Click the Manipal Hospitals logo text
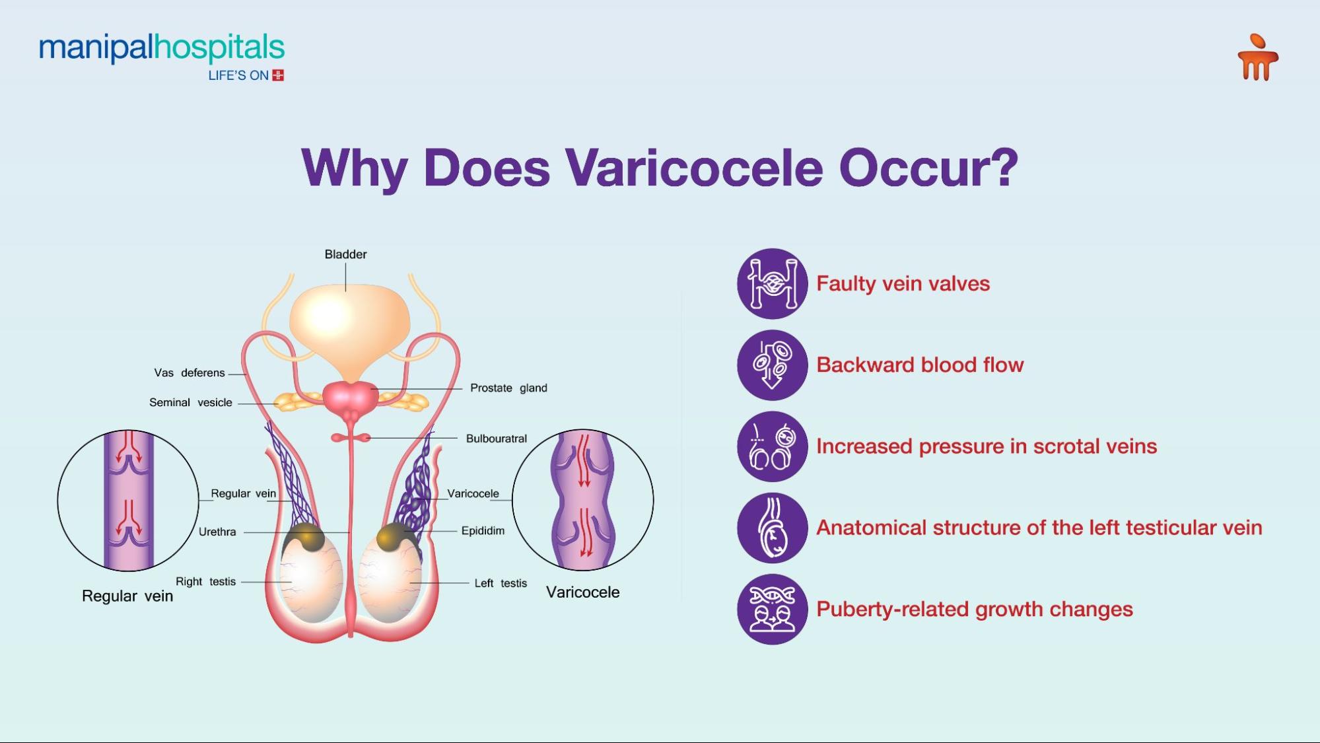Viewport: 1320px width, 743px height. (162, 48)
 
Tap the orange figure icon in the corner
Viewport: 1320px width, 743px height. (1258, 57)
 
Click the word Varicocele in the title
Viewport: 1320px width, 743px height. (694, 168)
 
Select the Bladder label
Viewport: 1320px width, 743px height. (345, 254)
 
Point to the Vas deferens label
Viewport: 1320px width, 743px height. (190, 372)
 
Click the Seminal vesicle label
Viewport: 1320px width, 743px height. (191, 402)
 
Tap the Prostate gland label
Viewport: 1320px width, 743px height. (508, 388)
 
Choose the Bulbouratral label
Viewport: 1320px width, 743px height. (497, 439)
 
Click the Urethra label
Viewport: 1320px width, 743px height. (217, 532)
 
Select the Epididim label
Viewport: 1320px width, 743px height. (483, 530)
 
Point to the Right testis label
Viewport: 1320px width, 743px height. (205, 581)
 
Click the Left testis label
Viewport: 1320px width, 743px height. (501, 583)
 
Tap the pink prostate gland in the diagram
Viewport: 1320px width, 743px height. (351, 398)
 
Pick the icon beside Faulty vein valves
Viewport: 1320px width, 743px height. (773, 283)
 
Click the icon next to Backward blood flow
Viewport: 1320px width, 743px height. (773, 365)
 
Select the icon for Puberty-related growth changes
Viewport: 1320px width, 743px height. (773, 609)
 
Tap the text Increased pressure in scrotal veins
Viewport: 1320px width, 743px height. (987, 446)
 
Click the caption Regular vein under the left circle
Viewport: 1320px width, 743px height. (127, 596)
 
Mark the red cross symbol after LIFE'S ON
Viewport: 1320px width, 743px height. (278, 75)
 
